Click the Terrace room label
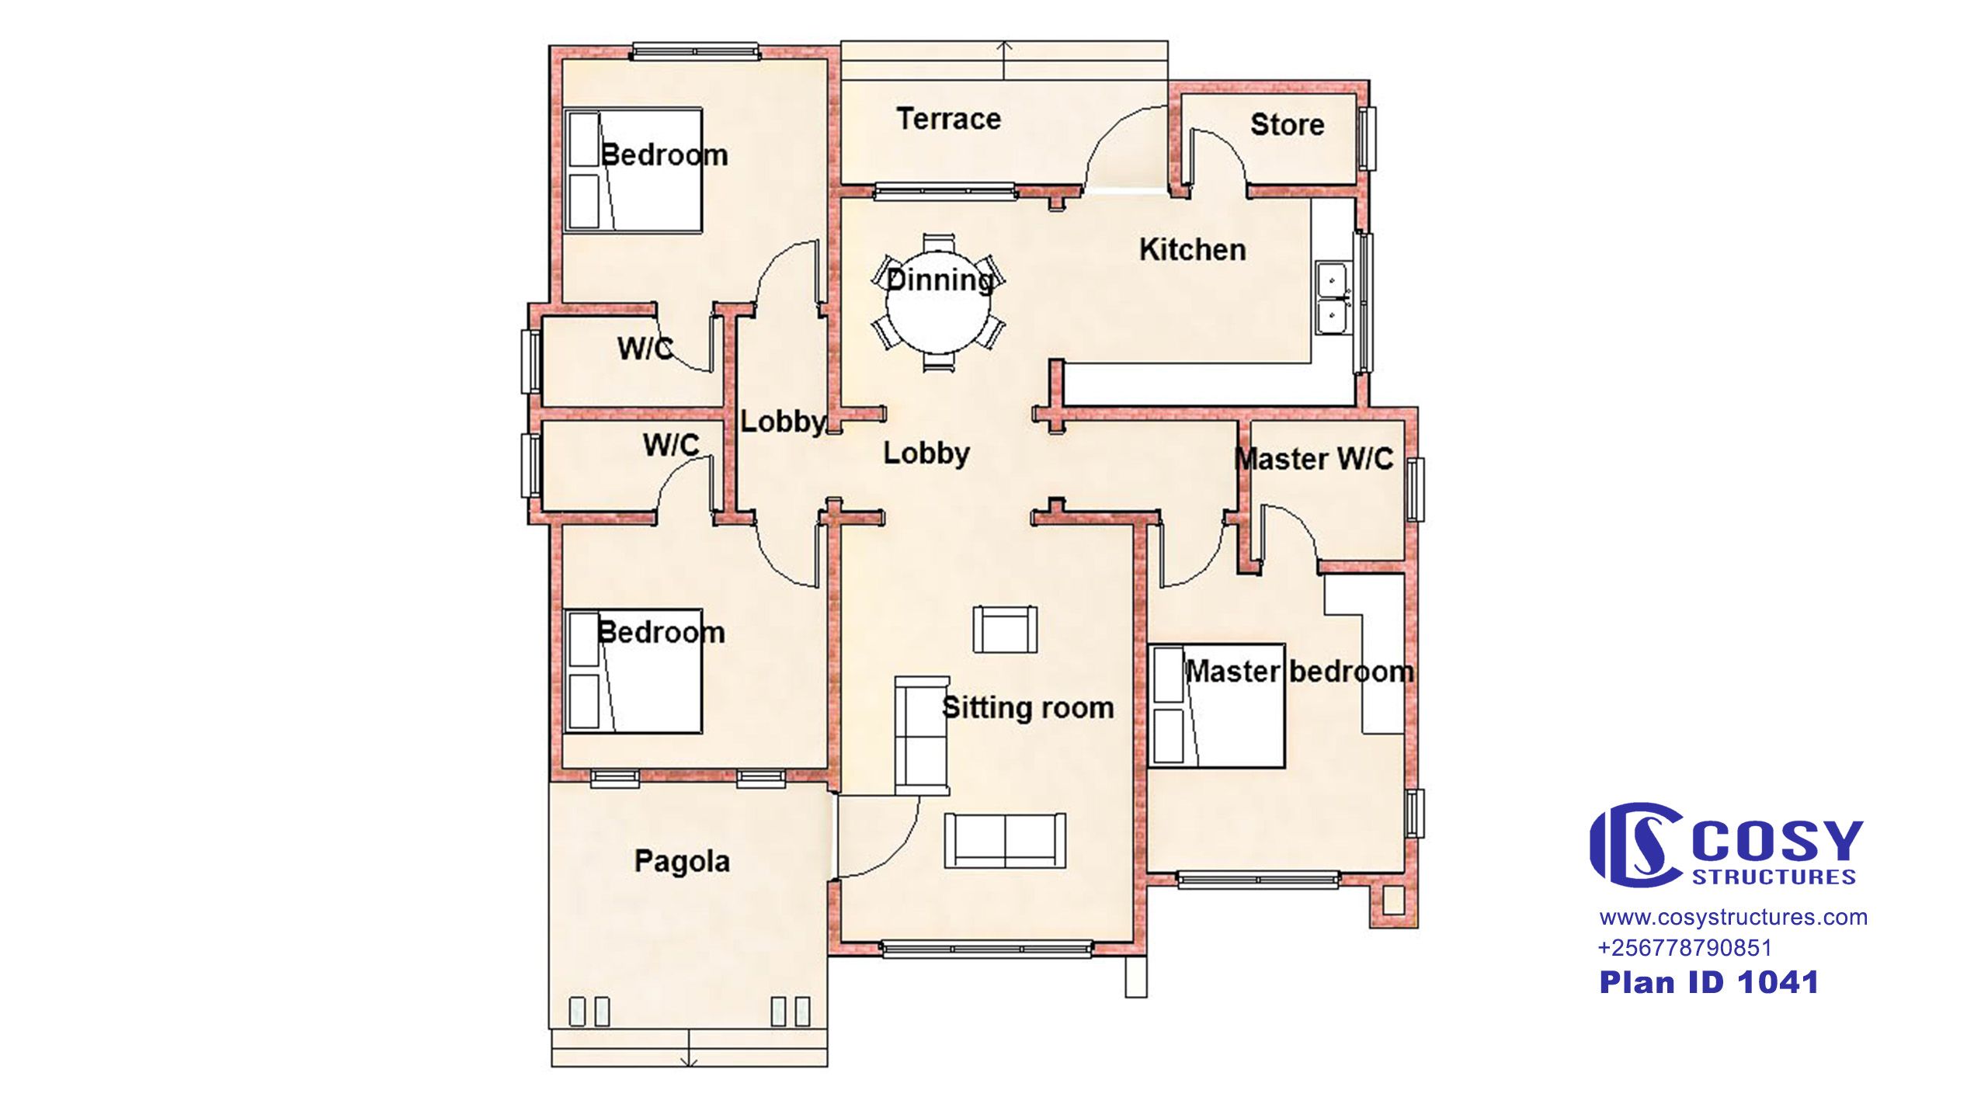point(948,119)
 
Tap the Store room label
point(1287,124)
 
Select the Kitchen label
point(1192,249)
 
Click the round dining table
point(938,303)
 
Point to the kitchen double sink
point(1333,299)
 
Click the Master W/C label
point(1314,459)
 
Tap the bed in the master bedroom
point(1216,706)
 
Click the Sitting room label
point(1027,707)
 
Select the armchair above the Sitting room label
point(1005,630)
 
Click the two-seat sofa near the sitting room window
point(1005,841)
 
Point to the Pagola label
point(682,862)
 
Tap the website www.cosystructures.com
point(1733,918)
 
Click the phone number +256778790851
point(1684,948)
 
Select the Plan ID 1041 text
point(1708,983)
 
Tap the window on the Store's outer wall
point(1366,139)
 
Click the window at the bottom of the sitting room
point(987,949)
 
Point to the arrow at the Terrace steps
point(1005,60)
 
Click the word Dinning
point(940,280)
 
